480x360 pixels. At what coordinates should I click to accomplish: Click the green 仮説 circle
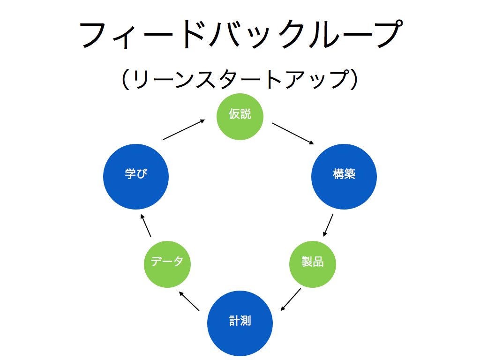click(240, 117)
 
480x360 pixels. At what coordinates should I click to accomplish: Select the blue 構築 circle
click(344, 177)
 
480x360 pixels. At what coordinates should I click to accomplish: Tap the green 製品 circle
click(313, 264)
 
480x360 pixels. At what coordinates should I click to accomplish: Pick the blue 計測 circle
click(240, 323)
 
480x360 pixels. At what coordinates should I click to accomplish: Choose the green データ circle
click(167, 264)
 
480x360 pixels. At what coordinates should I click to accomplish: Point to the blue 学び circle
click(136, 177)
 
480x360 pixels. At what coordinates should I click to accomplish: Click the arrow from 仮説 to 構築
click(293, 134)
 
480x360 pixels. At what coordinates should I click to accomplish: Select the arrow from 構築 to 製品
click(328, 225)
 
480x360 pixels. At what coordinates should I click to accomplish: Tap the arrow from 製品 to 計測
click(291, 300)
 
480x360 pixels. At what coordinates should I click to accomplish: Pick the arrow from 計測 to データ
click(189, 301)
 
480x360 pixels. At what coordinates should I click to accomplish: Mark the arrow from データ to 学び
click(146, 225)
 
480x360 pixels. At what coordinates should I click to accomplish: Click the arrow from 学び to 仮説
click(184, 129)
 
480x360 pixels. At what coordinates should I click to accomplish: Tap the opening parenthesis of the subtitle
click(125, 79)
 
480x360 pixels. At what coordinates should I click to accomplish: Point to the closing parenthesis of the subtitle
click(354, 79)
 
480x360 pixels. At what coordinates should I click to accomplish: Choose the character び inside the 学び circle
click(142, 173)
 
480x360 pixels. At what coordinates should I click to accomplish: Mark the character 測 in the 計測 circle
click(246, 321)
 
